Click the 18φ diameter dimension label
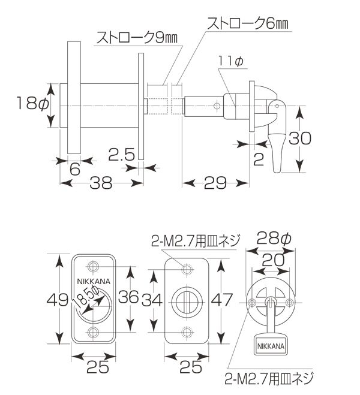point(32,104)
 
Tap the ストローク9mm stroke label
point(137,38)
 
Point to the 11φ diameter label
point(230,61)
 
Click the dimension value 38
point(101,183)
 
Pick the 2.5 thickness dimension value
point(122,155)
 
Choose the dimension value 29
point(215,183)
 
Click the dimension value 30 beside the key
point(300,138)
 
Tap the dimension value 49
point(58,300)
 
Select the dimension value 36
point(128,297)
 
